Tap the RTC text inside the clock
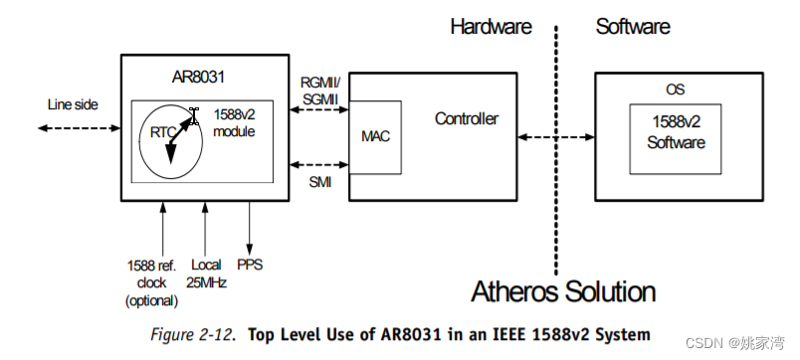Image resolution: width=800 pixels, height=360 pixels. point(163,130)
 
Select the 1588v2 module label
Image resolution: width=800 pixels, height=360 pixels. point(234,124)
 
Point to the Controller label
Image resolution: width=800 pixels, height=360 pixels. point(466,119)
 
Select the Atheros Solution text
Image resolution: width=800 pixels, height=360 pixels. point(563,291)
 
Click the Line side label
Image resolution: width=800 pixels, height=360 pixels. point(73,103)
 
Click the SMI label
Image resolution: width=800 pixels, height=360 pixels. point(320,183)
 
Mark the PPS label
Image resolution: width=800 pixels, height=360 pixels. point(250,266)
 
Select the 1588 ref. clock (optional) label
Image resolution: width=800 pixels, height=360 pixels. point(152,282)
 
